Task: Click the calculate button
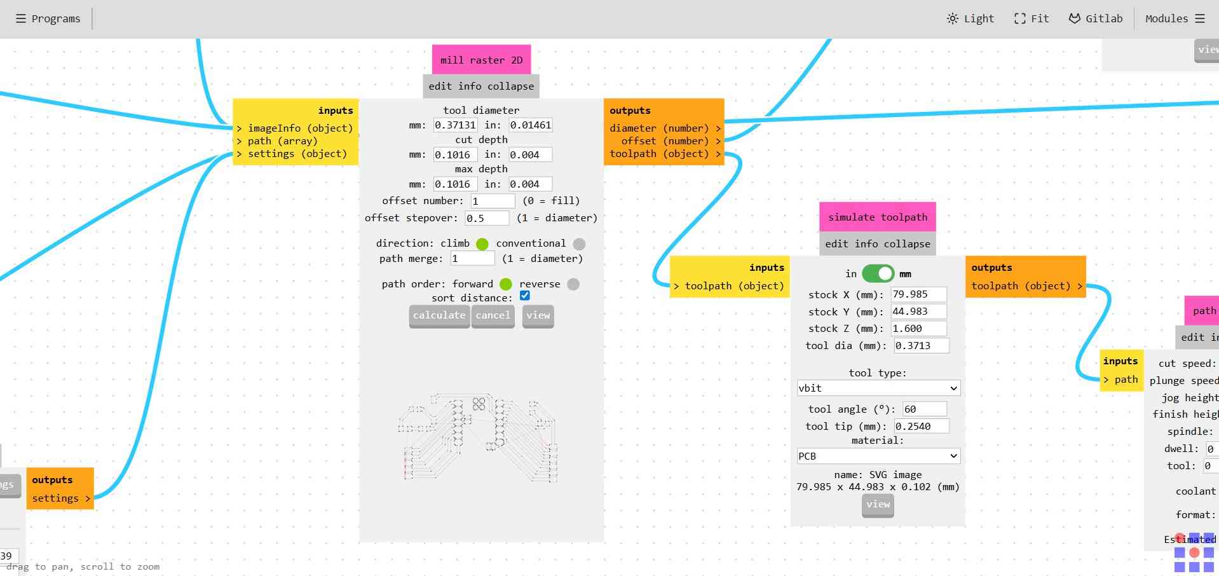(439, 315)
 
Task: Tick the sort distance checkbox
(525, 296)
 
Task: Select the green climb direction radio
(482, 244)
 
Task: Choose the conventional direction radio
(579, 244)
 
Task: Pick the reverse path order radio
(573, 284)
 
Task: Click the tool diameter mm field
(455, 125)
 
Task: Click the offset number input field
(493, 201)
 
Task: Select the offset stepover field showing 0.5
(487, 218)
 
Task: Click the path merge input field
(472, 259)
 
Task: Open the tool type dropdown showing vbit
(878, 388)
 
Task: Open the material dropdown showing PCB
(878, 456)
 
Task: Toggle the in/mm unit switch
(878, 274)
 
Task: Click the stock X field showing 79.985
(918, 294)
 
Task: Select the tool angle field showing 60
(924, 409)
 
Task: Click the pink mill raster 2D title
(481, 60)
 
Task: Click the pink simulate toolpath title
(877, 217)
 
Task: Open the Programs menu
(48, 18)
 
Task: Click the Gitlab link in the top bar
(1095, 18)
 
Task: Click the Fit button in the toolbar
(1031, 18)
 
